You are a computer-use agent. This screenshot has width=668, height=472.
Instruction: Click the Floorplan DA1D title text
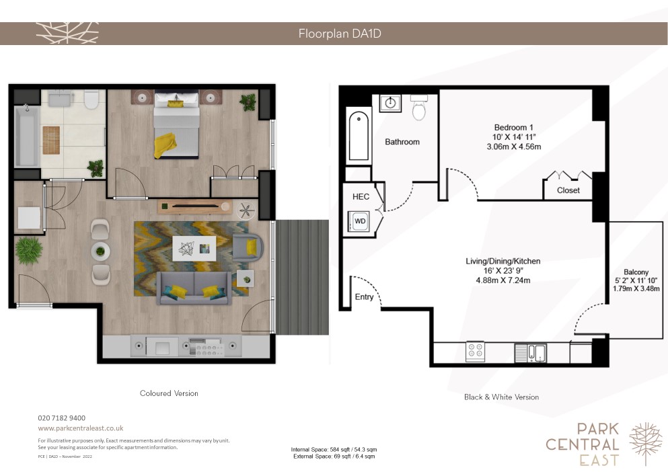(340, 33)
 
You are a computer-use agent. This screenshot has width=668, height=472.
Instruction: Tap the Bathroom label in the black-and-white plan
(402, 142)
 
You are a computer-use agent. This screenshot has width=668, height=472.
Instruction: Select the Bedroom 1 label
(514, 127)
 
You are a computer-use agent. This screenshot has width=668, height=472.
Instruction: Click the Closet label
(568, 190)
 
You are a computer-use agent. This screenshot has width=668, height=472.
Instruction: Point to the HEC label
(361, 196)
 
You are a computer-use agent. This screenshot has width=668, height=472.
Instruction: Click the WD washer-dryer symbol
(359, 221)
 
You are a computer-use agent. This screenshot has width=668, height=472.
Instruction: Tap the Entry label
(364, 297)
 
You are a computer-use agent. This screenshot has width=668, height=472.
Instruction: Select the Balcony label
(636, 272)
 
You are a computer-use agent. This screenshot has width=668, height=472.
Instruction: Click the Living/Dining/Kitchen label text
(503, 261)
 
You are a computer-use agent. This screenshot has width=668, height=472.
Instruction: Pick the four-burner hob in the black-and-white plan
(476, 352)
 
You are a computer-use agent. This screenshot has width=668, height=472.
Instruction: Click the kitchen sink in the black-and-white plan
(531, 353)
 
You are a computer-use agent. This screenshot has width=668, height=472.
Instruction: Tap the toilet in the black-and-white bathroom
(419, 108)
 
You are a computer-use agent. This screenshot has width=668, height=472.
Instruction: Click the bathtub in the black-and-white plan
(359, 135)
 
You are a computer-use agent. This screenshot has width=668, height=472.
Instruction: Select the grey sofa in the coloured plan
(194, 288)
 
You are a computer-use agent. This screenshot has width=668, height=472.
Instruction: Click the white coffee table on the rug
(194, 248)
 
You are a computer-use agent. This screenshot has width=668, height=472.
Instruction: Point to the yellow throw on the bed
(165, 145)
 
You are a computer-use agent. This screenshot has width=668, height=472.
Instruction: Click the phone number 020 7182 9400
(62, 418)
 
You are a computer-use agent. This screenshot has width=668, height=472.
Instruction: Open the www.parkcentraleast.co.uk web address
(81, 428)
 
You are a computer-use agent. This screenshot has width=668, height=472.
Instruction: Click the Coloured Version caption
(169, 393)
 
